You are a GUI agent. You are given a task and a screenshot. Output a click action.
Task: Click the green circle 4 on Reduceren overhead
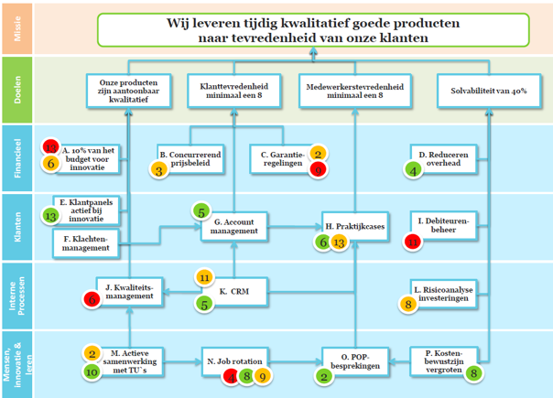pyautogui.click(x=413, y=170)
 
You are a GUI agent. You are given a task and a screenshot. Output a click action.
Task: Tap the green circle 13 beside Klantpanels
pyautogui.click(x=51, y=216)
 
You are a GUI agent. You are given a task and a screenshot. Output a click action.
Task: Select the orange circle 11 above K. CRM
pyautogui.click(x=204, y=277)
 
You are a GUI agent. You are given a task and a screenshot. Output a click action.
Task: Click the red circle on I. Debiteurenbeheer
pyautogui.click(x=413, y=242)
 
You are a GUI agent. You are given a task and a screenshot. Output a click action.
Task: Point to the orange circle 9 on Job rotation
pyautogui.click(x=262, y=375)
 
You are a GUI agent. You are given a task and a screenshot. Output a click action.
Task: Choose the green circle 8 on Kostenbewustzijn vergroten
pyautogui.click(x=473, y=372)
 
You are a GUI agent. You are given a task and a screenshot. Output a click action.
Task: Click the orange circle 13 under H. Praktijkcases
pyautogui.click(x=339, y=242)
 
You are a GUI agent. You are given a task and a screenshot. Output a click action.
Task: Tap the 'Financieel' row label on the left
pyautogui.click(x=16, y=156)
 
